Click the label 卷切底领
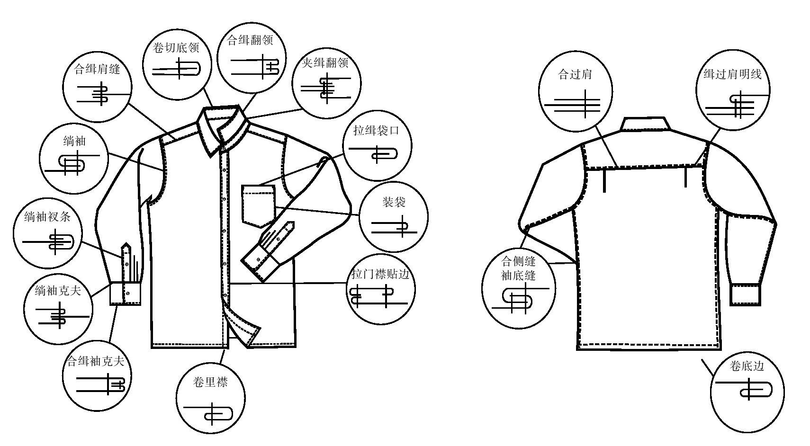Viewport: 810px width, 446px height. [176, 48]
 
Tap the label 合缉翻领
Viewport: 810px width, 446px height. [250, 40]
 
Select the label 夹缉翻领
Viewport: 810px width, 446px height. [325, 62]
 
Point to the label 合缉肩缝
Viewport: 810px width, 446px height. [98, 69]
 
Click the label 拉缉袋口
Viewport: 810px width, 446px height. [376, 130]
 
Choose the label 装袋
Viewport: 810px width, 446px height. [394, 203]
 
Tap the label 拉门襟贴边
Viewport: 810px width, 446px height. [380, 274]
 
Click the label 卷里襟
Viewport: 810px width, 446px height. [210, 382]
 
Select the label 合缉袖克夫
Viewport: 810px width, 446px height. [96, 362]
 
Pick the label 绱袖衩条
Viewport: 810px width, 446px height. [47, 217]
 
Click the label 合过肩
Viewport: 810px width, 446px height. [575, 74]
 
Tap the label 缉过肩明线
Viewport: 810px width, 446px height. [732, 74]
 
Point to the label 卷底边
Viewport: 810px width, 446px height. [747, 366]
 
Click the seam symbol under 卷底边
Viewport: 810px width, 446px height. [748, 390]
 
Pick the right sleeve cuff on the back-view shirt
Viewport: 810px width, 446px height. [745, 294]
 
